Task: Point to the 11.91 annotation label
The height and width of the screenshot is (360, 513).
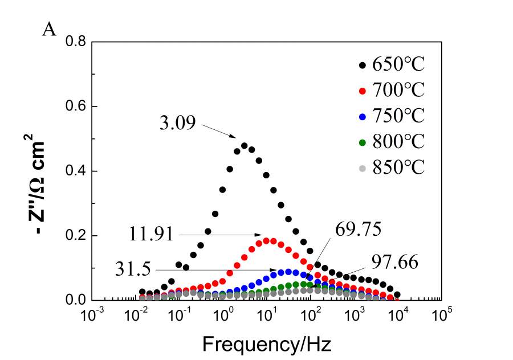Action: pyautogui.click(x=151, y=234)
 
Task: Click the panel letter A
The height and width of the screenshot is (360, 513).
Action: pyautogui.click(x=50, y=30)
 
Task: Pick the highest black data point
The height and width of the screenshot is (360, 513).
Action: pyautogui.click(x=244, y=145)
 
